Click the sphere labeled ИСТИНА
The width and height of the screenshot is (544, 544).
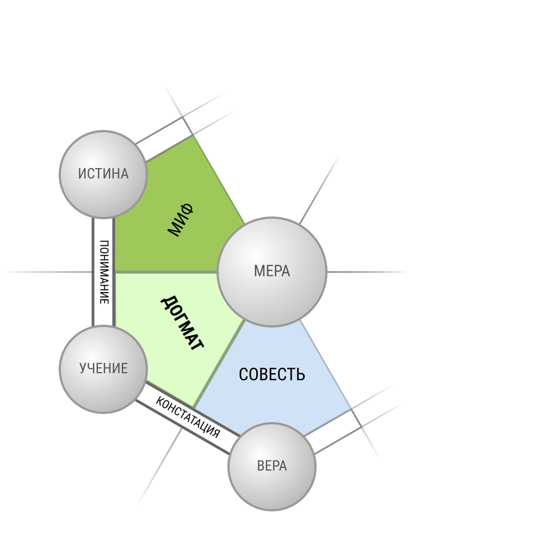(103, 175)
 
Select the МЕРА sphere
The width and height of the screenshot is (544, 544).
(272, 272)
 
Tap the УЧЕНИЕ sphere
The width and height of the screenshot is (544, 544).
(103, 369)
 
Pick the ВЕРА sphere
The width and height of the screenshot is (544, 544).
(272, 467)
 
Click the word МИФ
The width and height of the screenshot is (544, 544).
(181, 220)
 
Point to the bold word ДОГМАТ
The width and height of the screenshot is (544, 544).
(182, 323)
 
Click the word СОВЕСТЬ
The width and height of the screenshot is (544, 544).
(272, 375)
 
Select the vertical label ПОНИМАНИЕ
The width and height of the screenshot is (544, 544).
(104, 272)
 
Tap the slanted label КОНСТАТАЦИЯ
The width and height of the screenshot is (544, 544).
(188, 417)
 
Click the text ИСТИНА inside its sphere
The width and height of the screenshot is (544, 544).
(103, 174)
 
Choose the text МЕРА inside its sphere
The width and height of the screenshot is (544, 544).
(272, 271)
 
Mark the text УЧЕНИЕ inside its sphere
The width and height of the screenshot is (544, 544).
(103, 368)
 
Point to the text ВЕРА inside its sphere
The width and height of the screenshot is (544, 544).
(272, 466)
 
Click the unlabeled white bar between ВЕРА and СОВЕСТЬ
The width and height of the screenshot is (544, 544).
(332, 431)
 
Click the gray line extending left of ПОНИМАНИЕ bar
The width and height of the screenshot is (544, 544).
(46, 272)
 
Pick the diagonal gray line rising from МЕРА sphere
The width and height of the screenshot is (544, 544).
(319, 189)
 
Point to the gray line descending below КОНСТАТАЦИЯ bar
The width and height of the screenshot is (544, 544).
(159, 467)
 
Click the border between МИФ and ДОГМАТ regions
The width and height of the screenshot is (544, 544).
(166, 272)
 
